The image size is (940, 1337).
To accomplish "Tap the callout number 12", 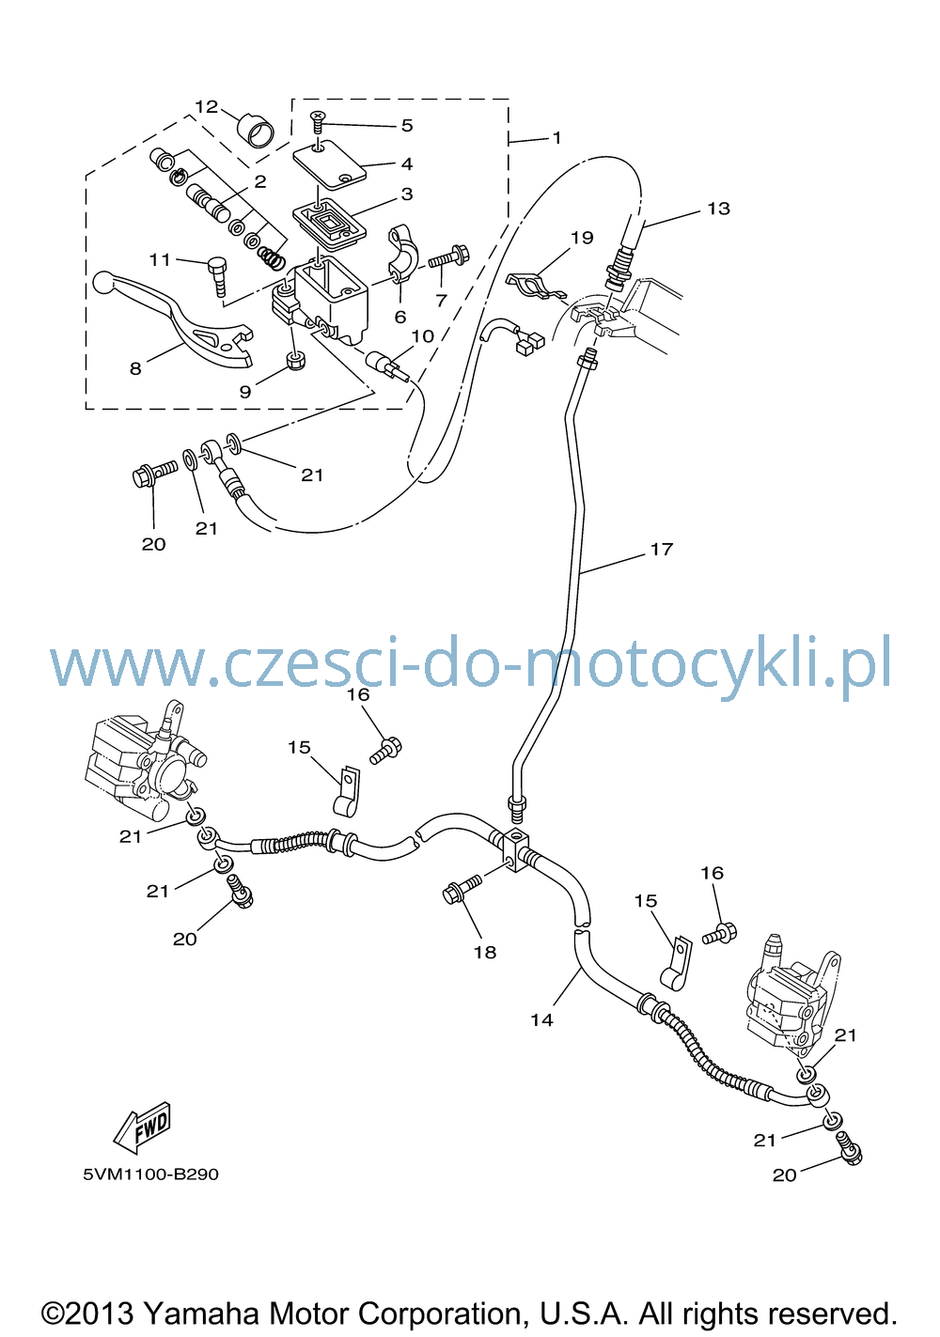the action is click(207, 107).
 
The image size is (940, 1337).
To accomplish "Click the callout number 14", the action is click(541, 1020).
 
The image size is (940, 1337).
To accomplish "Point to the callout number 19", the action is click(582, 238).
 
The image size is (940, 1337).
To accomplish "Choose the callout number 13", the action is click(718, 209).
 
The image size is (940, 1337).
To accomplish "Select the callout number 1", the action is click(556, 138).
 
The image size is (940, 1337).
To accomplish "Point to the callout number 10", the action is click(422, 336).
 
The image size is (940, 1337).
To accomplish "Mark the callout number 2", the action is click(259, 181).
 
